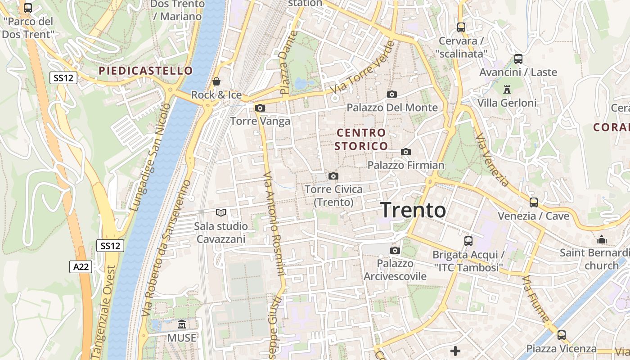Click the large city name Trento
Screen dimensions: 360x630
click(x=413, y=210)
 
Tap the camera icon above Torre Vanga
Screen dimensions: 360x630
click(x=260, y=108)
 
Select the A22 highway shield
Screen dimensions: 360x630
click(x=81, y=267)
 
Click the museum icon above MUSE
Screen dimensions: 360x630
click(x=182, y=324)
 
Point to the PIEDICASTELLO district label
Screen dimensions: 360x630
click(x=145, y=71)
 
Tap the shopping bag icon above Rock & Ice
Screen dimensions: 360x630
click(x=216, y=81)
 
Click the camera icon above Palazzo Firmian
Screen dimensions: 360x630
click(x=406, y=152)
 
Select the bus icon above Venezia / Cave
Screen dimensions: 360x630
click(x=533, y=202)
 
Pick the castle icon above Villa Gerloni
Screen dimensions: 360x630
click(x=507, y=89)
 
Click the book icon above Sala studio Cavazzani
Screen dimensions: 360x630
click(x=220, y=212)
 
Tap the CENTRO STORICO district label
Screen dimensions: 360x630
click(x=361, y=139)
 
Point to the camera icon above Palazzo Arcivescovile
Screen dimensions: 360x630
click(x=395, y=250)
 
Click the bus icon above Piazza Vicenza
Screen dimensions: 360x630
click(x=561, y=335)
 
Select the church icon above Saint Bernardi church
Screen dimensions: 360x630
click(x=602, y=239)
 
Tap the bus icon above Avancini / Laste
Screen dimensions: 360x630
click(x=518, y=58)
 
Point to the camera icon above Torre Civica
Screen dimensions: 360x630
click(x=333, y=176)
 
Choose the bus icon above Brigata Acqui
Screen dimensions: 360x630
click(x=468, y=241)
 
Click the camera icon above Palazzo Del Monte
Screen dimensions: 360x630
click(x=392, y=94)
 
